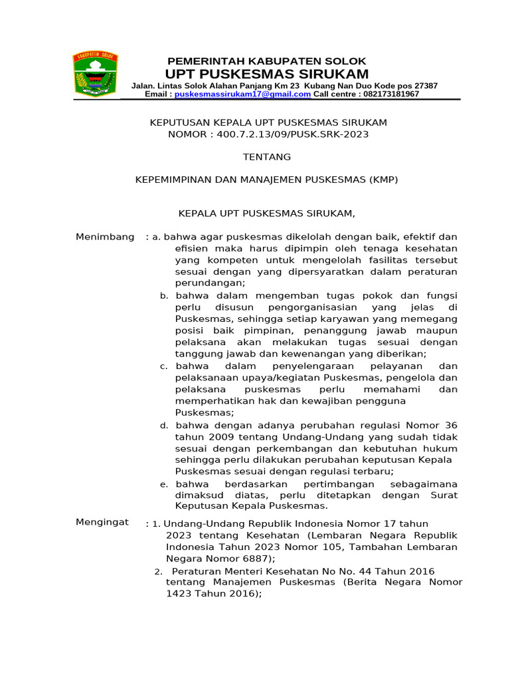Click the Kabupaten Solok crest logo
(94, 75)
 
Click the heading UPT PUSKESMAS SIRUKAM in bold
(267, 73)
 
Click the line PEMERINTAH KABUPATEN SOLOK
(266, 61)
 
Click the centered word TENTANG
(266, 158)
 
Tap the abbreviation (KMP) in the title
(384, 180)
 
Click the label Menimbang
(105, 237)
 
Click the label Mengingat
(102, 523)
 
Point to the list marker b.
(163, 296)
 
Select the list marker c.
(163, 367)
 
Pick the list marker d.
(163, 426)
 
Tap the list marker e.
(163, 485)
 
